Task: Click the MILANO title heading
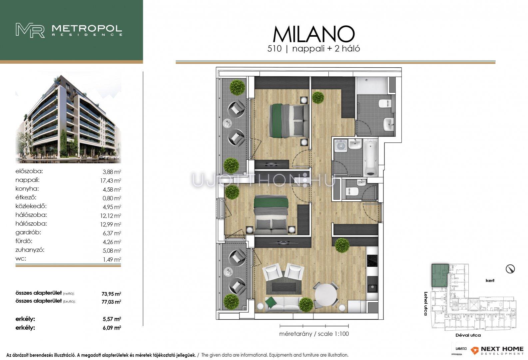click(314, 34)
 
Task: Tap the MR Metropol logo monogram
click(30, 30)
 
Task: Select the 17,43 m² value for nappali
click(111, 181)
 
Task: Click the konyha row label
click(27, 189)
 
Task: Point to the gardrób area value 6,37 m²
click(112, 233)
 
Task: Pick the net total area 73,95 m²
click(111, 294)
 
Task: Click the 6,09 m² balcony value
click(112, 328)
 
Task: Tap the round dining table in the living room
click(326, 295)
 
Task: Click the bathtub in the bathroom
click(370, 158)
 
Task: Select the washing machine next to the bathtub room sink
click(340, 146)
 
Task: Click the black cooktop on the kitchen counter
click(372, 261)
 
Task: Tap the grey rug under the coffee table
click(284, 287)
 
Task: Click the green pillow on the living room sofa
click(271, 302)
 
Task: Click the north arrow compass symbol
click(510, 269)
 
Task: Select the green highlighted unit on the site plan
click(440, 275)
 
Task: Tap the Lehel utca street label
click(426, 304)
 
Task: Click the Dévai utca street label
click(468, 335)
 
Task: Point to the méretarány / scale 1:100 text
click(314, 334)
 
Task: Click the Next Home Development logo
click(497, 350)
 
